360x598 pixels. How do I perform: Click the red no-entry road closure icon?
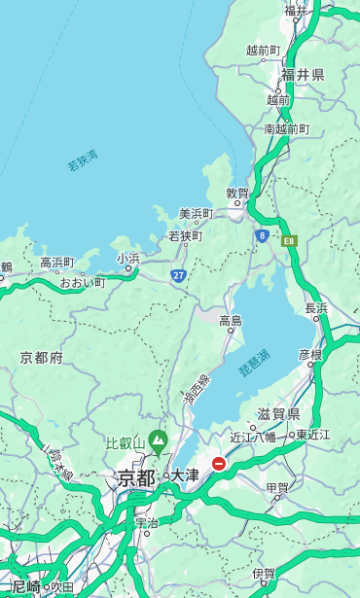click(x=219, y=464)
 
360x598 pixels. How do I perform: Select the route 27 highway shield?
click(x=178, y=275)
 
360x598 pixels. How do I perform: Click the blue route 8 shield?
click(x=262, y=235)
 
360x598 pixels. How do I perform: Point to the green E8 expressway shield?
click(x=289, y=239)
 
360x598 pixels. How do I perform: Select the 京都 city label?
click(x=136, y=477)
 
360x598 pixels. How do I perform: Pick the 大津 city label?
click(x=185, y=475)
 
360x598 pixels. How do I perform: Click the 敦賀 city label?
click(x=237, y=193)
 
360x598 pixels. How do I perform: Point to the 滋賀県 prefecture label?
click(x=278, y=414)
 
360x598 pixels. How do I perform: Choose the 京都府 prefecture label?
click(x=41, y=358)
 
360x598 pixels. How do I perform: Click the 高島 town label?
click(x=231, y=321)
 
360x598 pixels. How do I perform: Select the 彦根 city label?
click(x=309, y=355)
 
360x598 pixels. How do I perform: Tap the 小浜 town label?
click(x=127, y=259)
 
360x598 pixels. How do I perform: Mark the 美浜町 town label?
click(x=197, y=214)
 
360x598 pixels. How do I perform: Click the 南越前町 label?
click(x=286, y=128)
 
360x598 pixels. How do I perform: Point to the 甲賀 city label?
click(x=277, y=488)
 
